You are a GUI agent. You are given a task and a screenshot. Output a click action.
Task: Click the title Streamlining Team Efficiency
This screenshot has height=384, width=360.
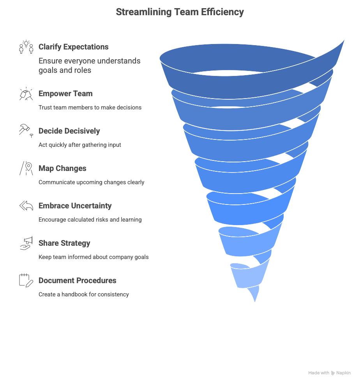point(180,12)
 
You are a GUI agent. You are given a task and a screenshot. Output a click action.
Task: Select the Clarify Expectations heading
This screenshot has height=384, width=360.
point(73,47)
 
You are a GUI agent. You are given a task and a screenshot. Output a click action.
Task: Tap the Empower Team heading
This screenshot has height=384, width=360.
point(65,94)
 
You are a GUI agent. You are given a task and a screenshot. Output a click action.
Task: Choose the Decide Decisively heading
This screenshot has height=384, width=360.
point(69,131)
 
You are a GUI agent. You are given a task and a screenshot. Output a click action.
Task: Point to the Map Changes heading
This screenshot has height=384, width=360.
point(62,169)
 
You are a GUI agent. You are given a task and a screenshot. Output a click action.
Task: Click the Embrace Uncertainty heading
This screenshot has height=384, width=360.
point(75,206)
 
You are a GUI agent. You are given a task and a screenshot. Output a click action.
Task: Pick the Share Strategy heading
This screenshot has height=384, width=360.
point(64,243)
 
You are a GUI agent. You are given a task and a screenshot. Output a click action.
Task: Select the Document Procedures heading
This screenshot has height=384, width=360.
point(77,281)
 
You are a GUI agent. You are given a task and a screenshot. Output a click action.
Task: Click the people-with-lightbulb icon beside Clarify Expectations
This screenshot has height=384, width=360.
point(26,47)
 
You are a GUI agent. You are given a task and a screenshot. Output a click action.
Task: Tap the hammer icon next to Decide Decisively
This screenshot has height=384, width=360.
point(26,130)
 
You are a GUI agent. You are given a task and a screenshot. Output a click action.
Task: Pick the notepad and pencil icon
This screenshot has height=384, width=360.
point(26,280)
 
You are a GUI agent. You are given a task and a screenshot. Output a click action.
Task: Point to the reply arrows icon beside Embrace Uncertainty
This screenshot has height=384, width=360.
point(26,206)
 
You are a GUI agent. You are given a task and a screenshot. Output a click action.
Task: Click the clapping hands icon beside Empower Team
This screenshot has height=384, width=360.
point(26,94)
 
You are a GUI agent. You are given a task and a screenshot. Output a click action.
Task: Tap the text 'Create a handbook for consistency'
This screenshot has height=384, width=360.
point(83,294)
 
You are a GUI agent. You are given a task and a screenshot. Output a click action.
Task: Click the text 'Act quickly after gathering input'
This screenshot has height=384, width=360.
point(79,145)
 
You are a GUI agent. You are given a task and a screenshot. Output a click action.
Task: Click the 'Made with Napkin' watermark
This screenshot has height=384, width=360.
point(329,373)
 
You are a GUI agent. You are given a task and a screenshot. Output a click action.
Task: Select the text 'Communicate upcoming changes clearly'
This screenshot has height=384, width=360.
point(91,182)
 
